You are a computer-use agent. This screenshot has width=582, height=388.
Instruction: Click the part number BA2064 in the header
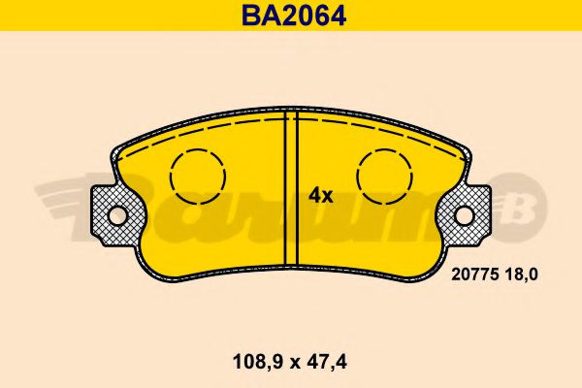point(291,15)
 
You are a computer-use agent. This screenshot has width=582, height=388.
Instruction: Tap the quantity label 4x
point(320,195)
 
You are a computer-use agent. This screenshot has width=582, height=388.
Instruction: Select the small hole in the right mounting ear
point(465,215)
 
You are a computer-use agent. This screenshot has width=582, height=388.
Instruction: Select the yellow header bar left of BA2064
point(116,15)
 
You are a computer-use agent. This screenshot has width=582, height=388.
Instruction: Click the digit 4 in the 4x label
point(314,195)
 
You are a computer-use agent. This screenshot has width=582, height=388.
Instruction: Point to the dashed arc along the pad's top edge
point(291,126)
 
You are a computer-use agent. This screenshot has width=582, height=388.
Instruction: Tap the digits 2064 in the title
point(307,15)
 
